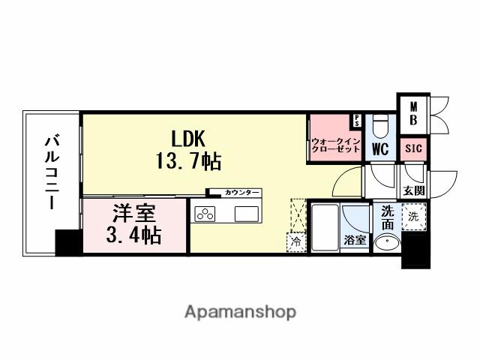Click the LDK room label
pyautogui.click(x=188, y=139)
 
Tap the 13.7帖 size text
pyautogui.click(x=188, y=160)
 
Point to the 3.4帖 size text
pyautogui.click(x=133, y=235)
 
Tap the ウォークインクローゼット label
pyautogui.click(x=336, y=145)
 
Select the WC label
pyautogui.click(x=379, y=148)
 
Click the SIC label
pyautogui.click(x=414, y=148)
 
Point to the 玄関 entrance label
pyautogui.click(x=413, y=190)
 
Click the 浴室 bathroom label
pyautogui.click(x=355, y=240)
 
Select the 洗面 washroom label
pyautogui.click(x=386, y=217)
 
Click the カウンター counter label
pyautogui.click(x=241, y=193)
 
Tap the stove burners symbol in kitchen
pyautogui.click(x=205, y=214)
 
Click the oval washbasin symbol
pyautogui.click(x=387, y=242)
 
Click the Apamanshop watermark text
pyautogui.click(x=240, y=310)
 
